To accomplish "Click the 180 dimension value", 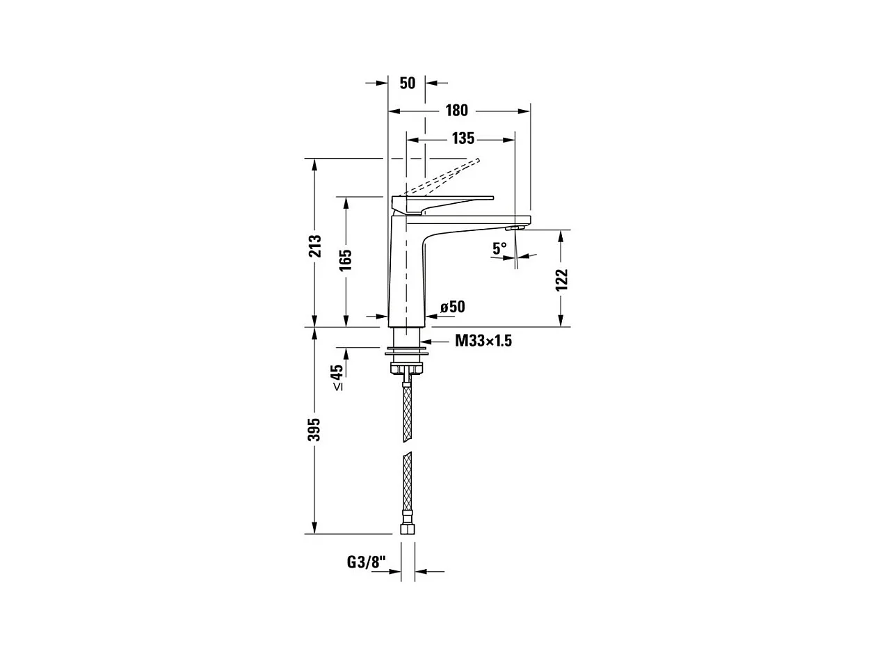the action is pos(456,111).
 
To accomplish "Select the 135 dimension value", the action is pos(463,138).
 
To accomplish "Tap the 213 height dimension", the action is pos(316,246).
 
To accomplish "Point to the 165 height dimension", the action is pos(346,260).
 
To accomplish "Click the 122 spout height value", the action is pos(562,280).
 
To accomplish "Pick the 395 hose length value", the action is pos(315,430).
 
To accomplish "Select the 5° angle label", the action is pos(499,248).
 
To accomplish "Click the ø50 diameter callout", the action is pos(453,307).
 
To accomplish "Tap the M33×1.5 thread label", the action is pos(483,341).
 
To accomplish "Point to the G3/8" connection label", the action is pos(367,562).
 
